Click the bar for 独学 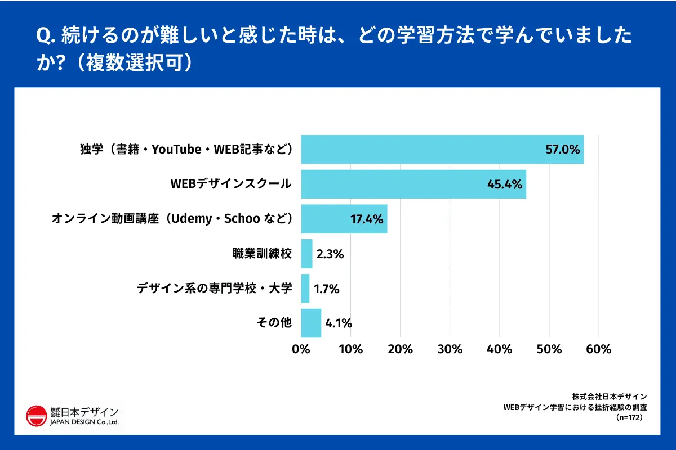(442, 150)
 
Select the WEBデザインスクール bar (413, 184)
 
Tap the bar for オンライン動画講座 (344, 219)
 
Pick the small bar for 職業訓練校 (306, 254)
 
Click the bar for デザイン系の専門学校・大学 (305, 289)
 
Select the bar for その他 (311, 323)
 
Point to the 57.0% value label (562, 150)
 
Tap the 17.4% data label (366, 219)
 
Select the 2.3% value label (330, 254)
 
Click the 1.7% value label (327, 289)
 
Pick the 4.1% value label (339, 323)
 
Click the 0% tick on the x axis (301, 349)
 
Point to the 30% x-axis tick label (450, 349)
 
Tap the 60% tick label (599, 349)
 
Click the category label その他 (274, 323)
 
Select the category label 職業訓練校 (263, 254)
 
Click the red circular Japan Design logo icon (36, 416)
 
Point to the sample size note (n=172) (630, 418)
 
